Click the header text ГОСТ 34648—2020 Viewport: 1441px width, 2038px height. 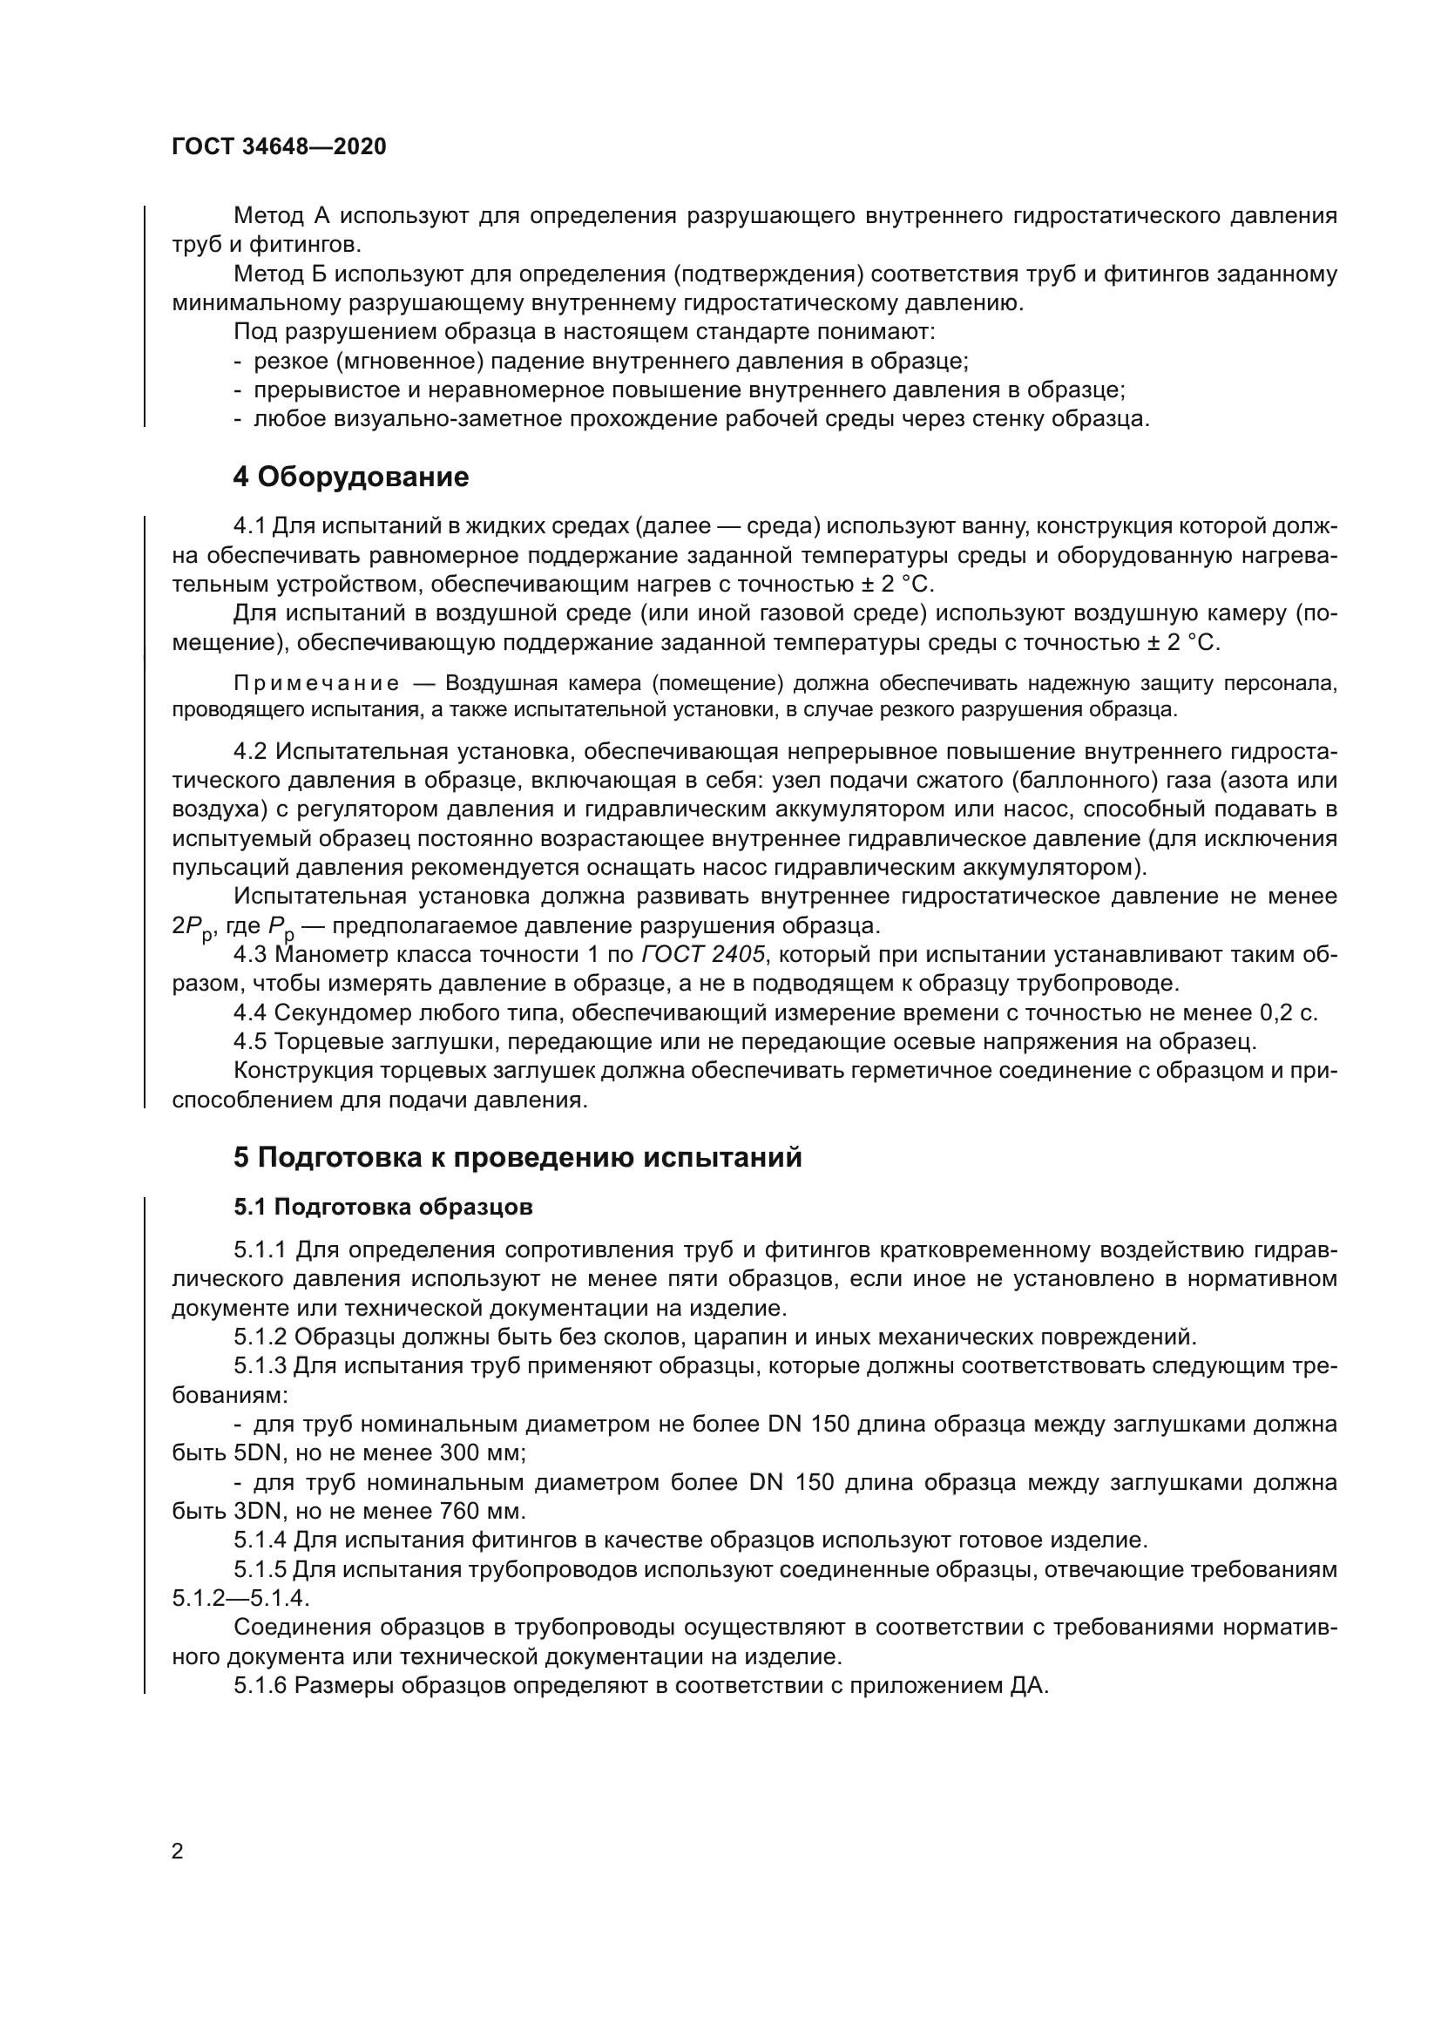(x=279, y=147)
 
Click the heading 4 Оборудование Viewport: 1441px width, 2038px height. (x=350, y=477)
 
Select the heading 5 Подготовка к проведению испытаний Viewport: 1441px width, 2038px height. (x=518, y=1157)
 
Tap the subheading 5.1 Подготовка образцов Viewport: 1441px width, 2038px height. (x=383, y=1207)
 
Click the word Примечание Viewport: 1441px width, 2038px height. (x=316, y=683)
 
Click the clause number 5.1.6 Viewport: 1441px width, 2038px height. (x=260, y=1687)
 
